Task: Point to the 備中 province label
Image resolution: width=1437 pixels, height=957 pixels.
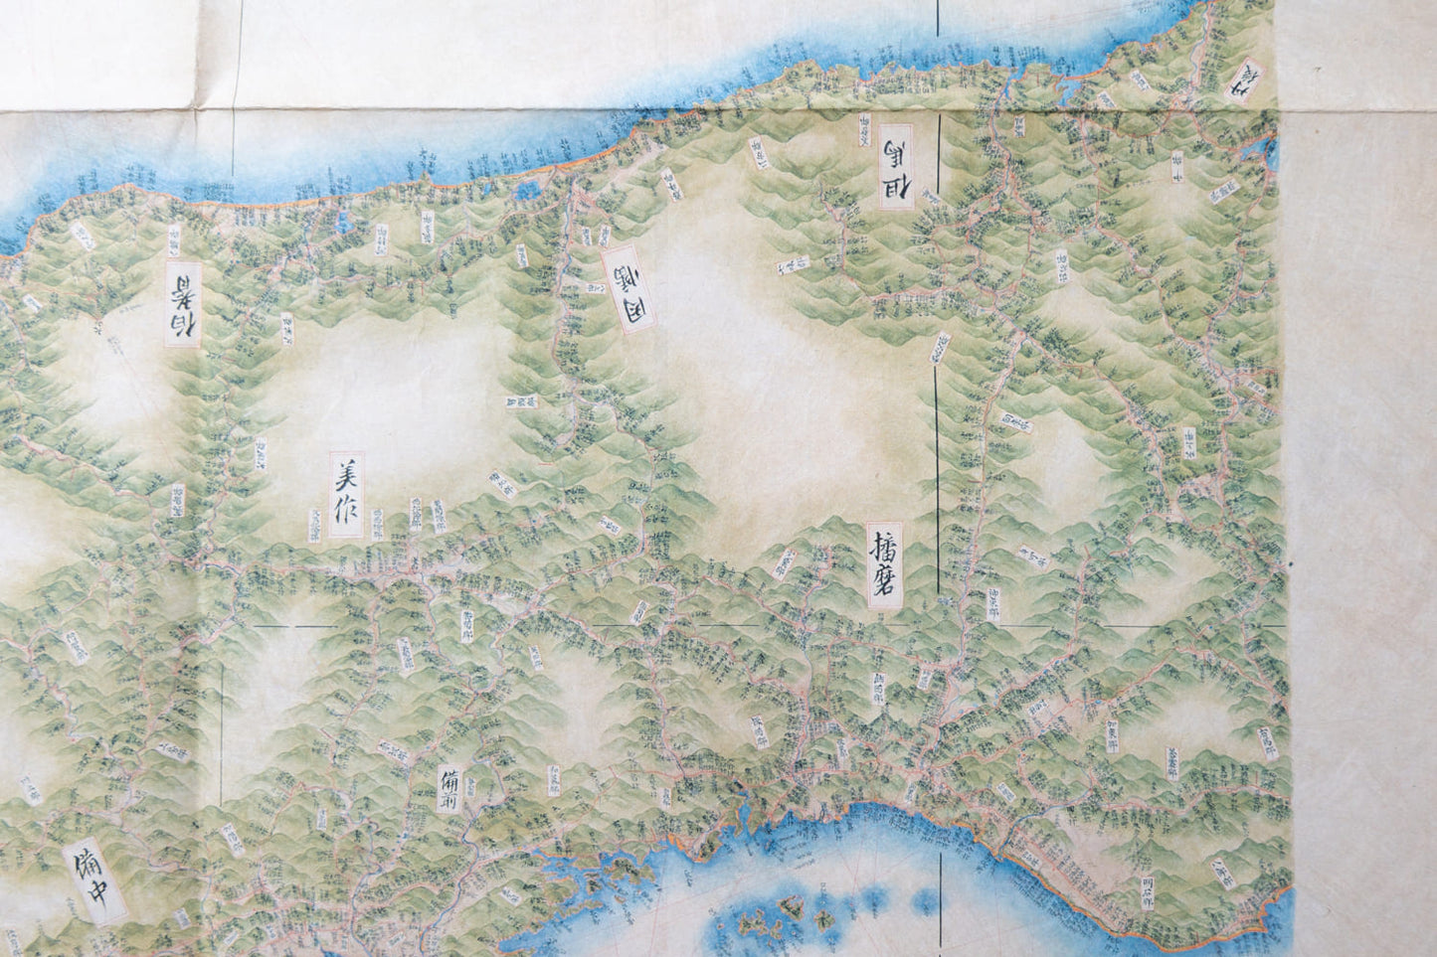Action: coord(94,882)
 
